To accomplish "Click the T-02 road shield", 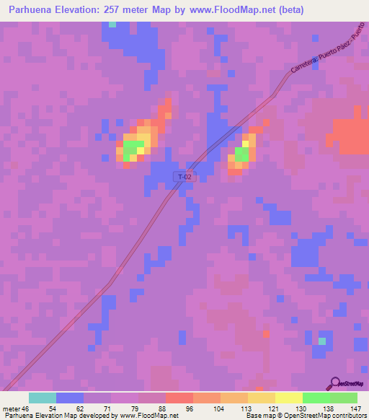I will point(184,176).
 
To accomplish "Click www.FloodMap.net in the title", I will point(223,10).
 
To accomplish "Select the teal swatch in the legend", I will point(43,398).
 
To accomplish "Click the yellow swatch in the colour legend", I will point(288,398).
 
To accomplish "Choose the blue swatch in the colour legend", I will point(70,398).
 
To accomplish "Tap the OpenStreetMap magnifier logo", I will point(334,384).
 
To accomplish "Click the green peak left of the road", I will point(131,150).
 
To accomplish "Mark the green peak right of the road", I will point(241,154).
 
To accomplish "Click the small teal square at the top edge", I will point(112,24).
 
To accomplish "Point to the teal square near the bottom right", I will point(322,341).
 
